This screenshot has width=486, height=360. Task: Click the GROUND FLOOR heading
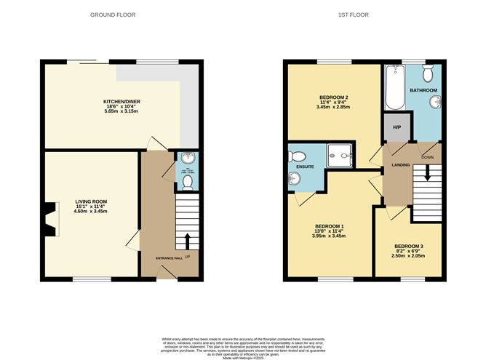click(113, 15)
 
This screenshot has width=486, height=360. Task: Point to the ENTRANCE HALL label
click(170, 259)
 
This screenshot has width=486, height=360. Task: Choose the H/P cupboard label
click(397, 128)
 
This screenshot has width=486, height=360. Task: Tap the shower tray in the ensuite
click(340, 155)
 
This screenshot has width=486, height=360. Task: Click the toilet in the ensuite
click(298, 156)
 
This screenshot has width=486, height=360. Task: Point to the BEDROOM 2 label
click(334, 98)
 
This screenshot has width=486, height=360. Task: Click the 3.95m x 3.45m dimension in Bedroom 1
click(328, 236)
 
